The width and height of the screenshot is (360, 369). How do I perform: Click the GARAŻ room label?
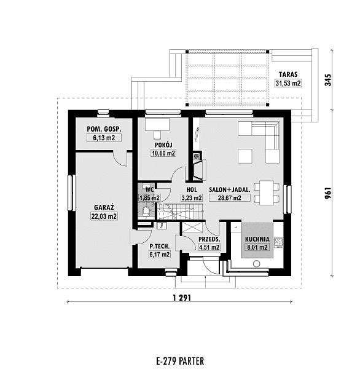(104, 207)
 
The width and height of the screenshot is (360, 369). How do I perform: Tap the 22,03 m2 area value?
(104, 216)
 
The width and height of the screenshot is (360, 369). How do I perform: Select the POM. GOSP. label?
(104, 129)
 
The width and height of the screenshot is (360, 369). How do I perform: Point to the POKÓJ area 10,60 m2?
(163, 153)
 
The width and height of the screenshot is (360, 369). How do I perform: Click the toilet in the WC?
(146, 212)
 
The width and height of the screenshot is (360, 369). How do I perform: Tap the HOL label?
(192, 189)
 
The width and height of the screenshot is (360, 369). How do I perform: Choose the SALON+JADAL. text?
(230, 189)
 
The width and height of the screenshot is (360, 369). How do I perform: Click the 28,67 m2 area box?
(230, 198)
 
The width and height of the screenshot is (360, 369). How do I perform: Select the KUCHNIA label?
(257, 239)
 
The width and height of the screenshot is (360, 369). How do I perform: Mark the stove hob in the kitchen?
(279, 242)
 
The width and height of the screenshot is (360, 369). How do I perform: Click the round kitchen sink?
(257, 264)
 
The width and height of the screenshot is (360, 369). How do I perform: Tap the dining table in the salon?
(267, 192)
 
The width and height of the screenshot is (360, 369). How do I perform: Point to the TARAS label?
(288, 74)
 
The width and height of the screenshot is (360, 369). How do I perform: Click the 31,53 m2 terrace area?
(288, 83)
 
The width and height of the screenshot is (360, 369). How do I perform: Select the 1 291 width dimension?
(182, 298)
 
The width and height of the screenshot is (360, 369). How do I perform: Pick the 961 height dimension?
(328, 192)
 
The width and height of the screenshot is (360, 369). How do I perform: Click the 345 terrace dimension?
(328, 80)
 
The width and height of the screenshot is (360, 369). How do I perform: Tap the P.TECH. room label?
(160, 247)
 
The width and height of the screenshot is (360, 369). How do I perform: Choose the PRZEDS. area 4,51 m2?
(209, 247)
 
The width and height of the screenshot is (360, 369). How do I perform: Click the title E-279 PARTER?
(180, 361)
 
